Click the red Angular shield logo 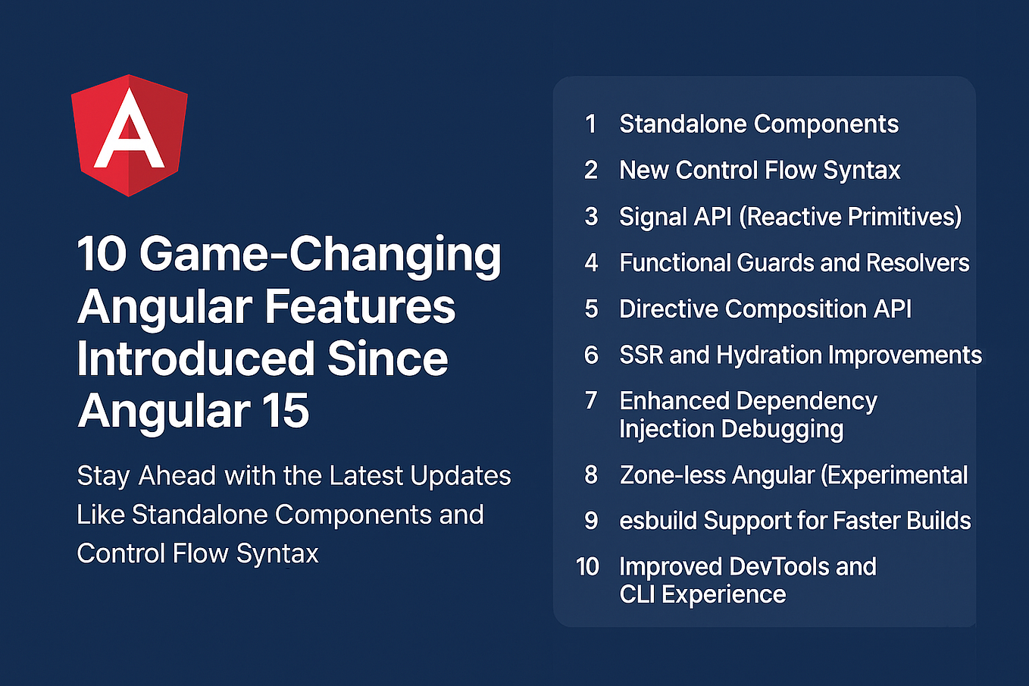129,135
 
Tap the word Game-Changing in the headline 320,255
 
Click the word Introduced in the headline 195,359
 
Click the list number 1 591,124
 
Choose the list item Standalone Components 758,124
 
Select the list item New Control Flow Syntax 759,171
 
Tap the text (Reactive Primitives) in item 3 850,217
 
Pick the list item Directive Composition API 765,309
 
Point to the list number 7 591,400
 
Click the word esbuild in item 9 658,521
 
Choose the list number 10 587,567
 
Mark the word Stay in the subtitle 104,477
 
